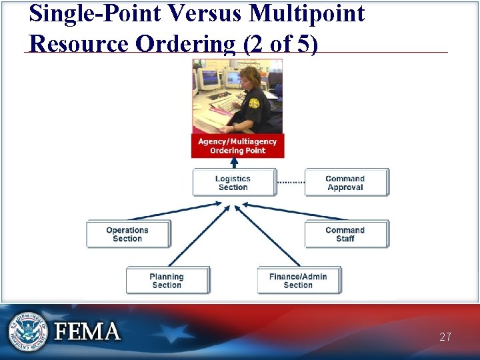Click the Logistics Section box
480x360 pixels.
233,183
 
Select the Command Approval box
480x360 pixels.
345,183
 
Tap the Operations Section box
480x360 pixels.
127,234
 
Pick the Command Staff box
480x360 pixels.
345,234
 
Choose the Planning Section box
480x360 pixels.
167,281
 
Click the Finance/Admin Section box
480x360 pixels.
298,281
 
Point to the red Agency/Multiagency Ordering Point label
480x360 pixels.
237,146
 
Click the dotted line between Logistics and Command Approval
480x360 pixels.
291,182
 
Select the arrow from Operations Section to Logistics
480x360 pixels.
180,211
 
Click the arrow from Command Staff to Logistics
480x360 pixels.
293,212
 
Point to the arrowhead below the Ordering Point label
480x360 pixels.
235,162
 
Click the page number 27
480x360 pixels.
445,337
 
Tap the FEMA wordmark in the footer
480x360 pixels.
87,331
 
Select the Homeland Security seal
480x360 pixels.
27,331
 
